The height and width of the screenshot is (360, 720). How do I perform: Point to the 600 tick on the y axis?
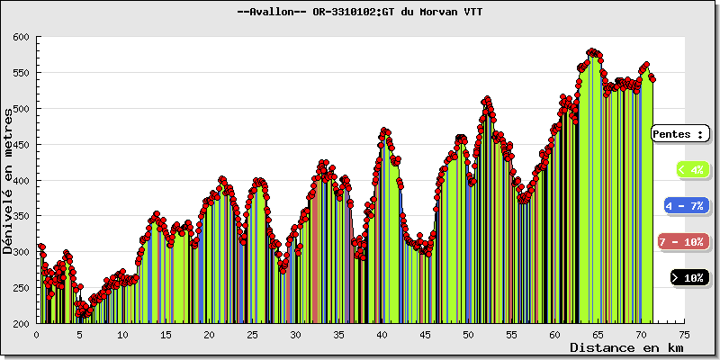21,37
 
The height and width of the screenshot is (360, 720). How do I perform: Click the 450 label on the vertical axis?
21,145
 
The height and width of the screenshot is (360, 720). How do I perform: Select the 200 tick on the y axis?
21,323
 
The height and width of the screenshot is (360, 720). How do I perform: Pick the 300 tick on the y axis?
21,252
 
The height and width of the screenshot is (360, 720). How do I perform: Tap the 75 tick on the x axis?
684,333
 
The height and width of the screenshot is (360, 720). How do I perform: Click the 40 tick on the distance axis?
382,333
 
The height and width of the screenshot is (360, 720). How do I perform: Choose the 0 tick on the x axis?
36,333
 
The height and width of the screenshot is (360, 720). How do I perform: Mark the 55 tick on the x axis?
511,333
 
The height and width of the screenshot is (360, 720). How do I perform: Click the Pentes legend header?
679,133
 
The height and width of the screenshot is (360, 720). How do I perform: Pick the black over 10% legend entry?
689,278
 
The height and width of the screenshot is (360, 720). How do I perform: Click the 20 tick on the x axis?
209,333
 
